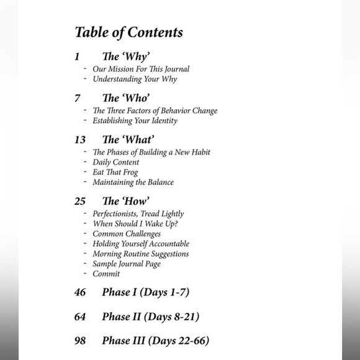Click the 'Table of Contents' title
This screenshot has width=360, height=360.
[128, 32]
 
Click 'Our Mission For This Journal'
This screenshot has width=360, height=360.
[141, 69]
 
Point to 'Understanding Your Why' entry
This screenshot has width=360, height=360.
[135, 79]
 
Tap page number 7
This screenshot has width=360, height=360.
[78, 98]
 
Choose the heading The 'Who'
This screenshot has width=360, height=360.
[126, 98]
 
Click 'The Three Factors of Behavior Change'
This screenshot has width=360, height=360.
[155, 110]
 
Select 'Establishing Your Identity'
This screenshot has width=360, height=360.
[135, 120]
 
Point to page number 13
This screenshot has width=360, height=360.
[80, 140]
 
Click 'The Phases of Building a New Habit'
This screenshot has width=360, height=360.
[152, 152]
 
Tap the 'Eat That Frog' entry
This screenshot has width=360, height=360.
[115, 173]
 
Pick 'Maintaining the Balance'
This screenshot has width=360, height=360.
[133, 182]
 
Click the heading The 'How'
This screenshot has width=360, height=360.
[125, 201]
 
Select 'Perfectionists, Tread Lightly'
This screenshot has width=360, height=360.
[138, 214]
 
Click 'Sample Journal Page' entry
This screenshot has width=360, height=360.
[127, 264]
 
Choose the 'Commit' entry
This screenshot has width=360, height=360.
[106, 274]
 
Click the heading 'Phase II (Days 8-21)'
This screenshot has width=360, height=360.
[150, 317]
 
